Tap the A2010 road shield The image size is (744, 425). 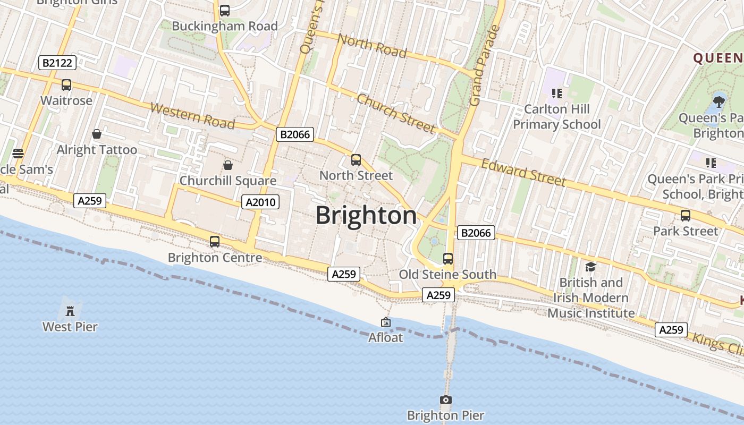point(260,201)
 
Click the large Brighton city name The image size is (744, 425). point(366,216)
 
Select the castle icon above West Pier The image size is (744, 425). point(70,311)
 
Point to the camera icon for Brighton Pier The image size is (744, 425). point(446,399)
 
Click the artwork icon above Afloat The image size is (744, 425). point(386,322)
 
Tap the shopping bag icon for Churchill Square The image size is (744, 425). point(228,165)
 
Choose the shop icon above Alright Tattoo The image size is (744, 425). point(97,134)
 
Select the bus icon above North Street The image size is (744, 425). point(356,159)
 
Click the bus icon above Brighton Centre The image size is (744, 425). point(215,242)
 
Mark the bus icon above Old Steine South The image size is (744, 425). point(448,259)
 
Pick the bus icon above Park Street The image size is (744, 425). point(686,215)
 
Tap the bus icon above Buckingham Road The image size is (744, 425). point(225,10)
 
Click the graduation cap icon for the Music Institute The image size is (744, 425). point(590,267)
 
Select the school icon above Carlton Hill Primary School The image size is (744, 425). point(556,93)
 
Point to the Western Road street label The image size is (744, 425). point(192,116)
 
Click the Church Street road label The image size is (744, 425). point(396,113)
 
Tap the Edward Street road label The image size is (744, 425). point(523,172)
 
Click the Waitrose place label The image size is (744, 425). point(66,100)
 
